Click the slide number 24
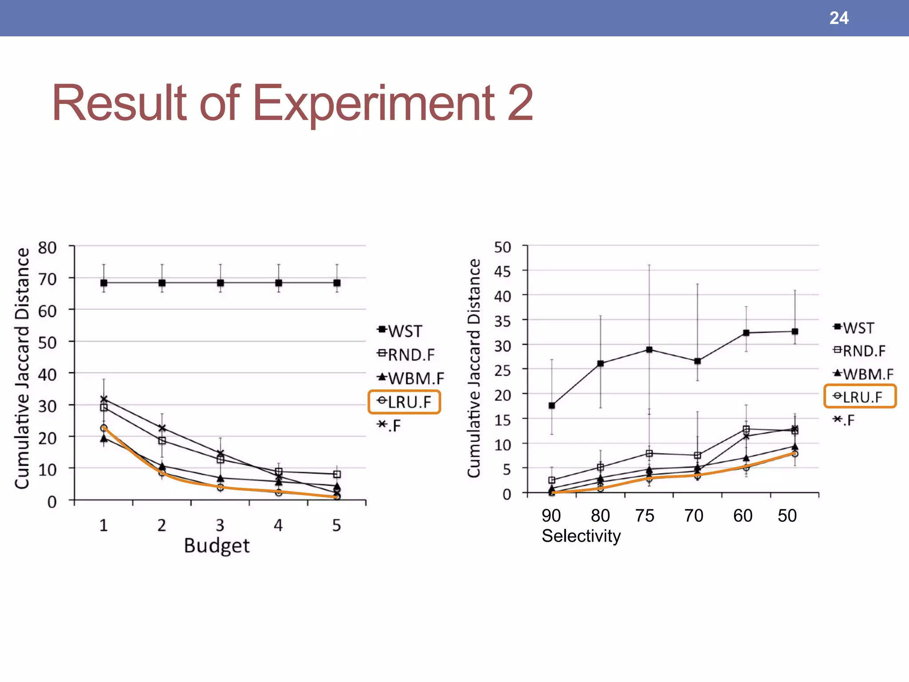838,18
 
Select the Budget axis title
217,545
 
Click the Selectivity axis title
581,536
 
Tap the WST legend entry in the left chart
400,331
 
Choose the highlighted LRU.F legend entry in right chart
860,397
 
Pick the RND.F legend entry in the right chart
859,351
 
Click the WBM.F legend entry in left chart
411,378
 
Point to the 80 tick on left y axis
47,248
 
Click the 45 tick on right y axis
502,271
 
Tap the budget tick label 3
220,525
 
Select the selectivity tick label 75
644,515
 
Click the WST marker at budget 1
104,283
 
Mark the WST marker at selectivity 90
552,405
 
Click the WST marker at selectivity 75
649,349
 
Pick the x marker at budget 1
104,399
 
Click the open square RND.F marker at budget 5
337,474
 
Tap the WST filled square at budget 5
337,283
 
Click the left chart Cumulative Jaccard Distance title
22,369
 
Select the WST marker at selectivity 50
795,332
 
